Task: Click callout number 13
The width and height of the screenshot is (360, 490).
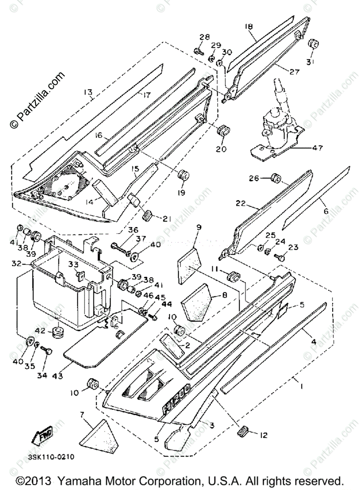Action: tap(87, 92)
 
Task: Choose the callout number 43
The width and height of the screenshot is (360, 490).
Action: tap(57, 376)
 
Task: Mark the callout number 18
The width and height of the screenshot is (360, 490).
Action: tap(249, 27)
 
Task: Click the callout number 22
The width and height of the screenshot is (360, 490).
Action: tap(241, 203)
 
